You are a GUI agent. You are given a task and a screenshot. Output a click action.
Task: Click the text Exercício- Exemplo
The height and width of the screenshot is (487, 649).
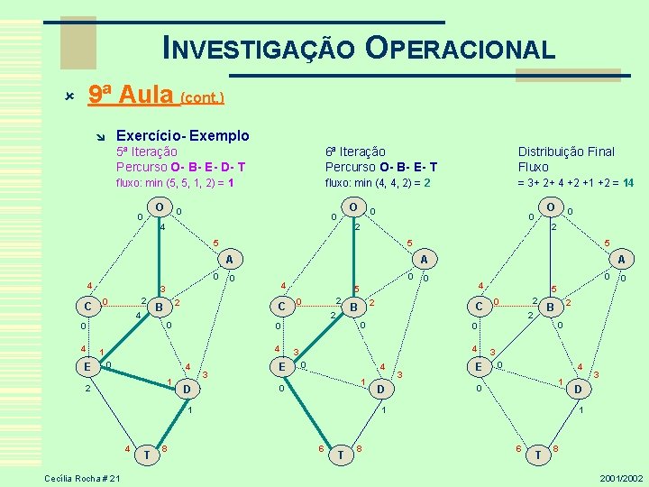(x=183, y=135)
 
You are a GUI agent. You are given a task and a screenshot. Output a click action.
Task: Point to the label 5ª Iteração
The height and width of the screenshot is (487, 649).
(x=147, y=152)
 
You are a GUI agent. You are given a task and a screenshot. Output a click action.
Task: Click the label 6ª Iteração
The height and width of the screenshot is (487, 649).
(x=355, y=152)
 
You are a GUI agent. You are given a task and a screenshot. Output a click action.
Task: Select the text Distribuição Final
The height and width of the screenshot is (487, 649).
(x=566, y=152)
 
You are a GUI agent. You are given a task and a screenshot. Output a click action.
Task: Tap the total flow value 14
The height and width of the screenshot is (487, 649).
(x=627, y=182)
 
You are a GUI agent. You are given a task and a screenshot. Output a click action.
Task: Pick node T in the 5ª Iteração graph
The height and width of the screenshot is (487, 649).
(x=148, y=455)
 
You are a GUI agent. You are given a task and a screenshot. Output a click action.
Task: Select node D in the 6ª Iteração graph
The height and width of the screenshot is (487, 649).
(x=382, y=390)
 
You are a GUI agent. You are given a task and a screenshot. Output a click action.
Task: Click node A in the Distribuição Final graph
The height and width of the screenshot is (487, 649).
(x=621, y=259)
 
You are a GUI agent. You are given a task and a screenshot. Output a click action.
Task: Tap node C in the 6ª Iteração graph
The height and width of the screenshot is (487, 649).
(x=283, y=307)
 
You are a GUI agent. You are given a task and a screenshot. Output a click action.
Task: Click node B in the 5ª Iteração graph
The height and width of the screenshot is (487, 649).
(x=159, y=308)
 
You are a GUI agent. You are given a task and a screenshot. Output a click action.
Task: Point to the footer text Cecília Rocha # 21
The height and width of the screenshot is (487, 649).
(x=81, y=477)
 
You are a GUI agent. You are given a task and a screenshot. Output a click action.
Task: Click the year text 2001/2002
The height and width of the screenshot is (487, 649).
(x=620, y=477)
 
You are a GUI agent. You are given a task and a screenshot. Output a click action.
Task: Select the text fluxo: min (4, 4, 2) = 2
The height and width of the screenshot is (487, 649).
(x=378, y=182)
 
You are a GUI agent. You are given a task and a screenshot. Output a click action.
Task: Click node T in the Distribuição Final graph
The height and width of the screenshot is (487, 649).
(x=538, y=455)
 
